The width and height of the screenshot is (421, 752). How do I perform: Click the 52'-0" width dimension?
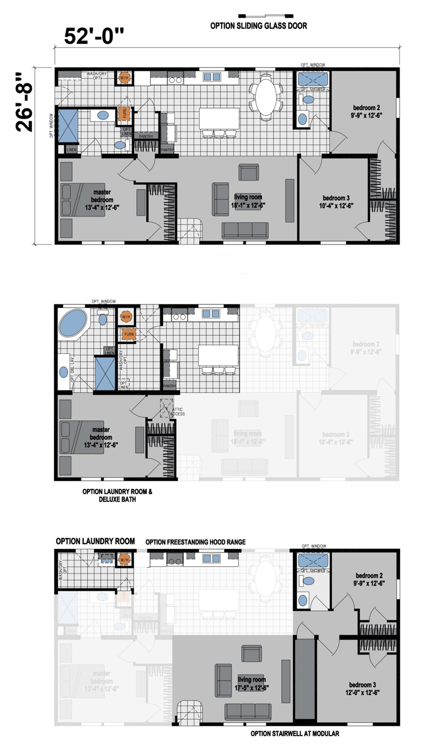pos(94,36)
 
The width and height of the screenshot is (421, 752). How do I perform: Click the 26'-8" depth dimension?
pos(24,102)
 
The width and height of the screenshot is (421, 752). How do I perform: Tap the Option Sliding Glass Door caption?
pos(258,26)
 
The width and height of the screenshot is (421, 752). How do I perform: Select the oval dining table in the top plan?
pos(266,94)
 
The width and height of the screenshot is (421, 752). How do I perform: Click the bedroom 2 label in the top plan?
pos(367,111)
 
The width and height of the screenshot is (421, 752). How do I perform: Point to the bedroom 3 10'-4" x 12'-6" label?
pos(336,202)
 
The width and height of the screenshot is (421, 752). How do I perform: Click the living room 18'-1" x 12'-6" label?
pos(248,201)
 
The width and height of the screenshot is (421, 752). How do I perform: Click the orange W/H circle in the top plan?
pos(124,78)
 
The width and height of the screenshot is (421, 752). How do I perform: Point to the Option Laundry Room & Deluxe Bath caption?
pos(117,495)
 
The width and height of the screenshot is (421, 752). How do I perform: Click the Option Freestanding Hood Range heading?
pos(195,542)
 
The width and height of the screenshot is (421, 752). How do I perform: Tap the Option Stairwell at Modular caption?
pos(295,734)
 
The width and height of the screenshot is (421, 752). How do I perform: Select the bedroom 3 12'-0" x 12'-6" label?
pos(362,688)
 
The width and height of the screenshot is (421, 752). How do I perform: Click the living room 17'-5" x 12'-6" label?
pos(251,684)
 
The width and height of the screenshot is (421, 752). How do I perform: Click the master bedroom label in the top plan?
pos(102,200)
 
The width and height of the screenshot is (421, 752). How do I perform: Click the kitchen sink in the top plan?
pos(212,77)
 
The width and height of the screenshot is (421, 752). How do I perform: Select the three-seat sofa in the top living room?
pos(245,230)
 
